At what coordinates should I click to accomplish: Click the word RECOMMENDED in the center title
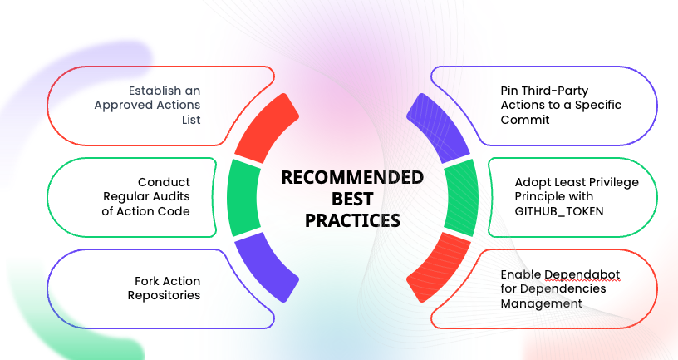352,177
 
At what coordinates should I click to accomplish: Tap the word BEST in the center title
352,199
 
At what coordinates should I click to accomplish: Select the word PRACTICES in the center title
352,220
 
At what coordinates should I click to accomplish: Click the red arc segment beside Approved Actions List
265,126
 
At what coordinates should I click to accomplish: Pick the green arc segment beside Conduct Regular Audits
243,198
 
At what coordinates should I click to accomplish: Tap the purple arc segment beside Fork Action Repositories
266,267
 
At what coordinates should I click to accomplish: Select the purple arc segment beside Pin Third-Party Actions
440,127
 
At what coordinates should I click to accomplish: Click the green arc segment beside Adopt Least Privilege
461,198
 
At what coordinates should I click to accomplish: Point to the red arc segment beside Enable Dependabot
439,267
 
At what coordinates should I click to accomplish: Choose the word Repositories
165,295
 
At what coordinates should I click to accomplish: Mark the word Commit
524,120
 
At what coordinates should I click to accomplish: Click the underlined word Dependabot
582,274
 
